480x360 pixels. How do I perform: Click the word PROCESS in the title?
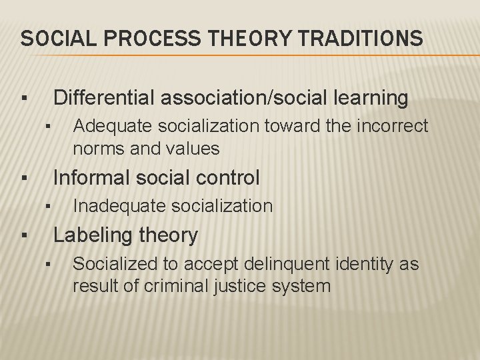[136, 38]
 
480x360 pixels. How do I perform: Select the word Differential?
[106, 99]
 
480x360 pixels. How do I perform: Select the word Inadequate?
[115, 206]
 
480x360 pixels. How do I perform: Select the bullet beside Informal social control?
[23, 179]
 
